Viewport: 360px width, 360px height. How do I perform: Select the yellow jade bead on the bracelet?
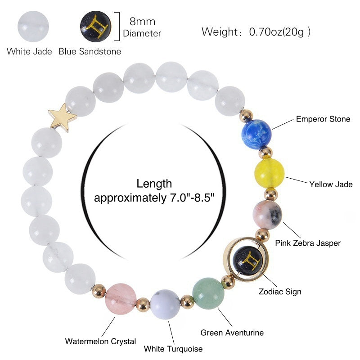coord(269,173)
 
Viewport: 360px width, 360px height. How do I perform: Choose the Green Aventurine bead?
coord(208,293)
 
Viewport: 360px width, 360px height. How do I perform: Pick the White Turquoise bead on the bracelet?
coord(165,304)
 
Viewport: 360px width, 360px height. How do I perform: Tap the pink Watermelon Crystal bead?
coord(120,297)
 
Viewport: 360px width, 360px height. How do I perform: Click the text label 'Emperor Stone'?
coord(323,119)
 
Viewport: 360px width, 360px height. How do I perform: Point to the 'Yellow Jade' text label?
coord(331,184)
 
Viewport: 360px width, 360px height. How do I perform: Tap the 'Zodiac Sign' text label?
coord(280,291)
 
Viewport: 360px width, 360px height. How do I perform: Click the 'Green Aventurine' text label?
coord(232,333)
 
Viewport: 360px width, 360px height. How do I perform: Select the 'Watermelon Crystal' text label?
coord(100,341)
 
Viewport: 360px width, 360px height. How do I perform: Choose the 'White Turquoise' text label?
coord(173,349)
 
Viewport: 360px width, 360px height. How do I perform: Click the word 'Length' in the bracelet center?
coord(154,184)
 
